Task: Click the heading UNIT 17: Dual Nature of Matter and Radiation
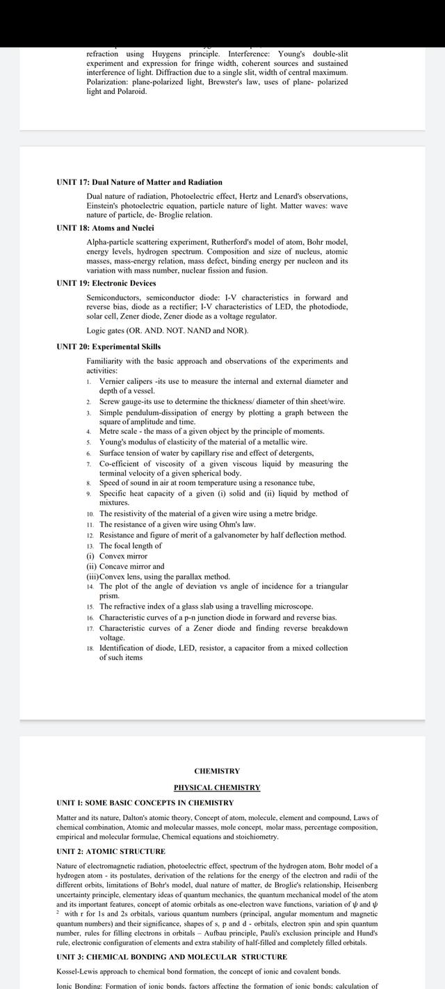click(139, 182)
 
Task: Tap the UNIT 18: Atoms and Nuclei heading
click(105, 228)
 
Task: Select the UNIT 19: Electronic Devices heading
click(106, 283)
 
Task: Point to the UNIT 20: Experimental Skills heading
click(108, 346)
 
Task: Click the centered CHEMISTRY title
click(217, 771)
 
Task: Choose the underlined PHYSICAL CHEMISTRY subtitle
click(217, 787)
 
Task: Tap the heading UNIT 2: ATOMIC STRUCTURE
click(111, 851)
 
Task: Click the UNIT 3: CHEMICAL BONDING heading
click(171, 957)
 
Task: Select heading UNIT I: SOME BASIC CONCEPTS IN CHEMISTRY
click(145, 803)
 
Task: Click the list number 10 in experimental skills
click(90, 514)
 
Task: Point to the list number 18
click(90, 648)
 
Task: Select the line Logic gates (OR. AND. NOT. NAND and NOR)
click(167, 330)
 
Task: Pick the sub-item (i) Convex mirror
click(117, 556)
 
